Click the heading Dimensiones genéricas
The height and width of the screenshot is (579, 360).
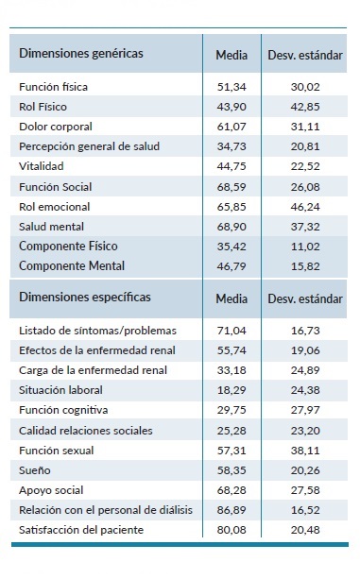[81, 53]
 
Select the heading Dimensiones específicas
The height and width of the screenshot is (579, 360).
[85, 298]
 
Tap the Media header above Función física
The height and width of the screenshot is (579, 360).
[231, 54]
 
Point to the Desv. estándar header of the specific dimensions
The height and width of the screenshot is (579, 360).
[304, 299]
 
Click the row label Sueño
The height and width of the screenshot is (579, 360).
[34, 469]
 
